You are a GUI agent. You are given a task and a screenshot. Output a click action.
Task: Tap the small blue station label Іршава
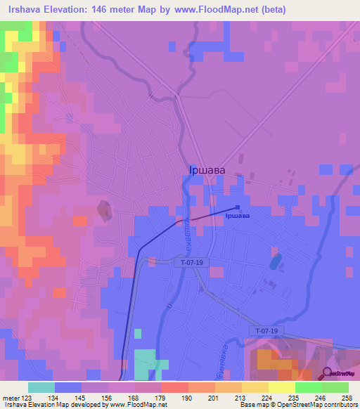coord(238,216)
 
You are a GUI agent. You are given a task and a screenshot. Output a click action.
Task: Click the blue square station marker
coord(238,207)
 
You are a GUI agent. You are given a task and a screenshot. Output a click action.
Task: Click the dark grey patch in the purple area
coord(105,209)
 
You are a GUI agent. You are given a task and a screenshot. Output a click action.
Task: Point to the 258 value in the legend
coord(348,398)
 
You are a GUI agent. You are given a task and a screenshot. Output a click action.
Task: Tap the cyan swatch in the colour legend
coord(41,387)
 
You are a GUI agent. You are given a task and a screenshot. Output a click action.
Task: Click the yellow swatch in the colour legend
coord(282,387)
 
